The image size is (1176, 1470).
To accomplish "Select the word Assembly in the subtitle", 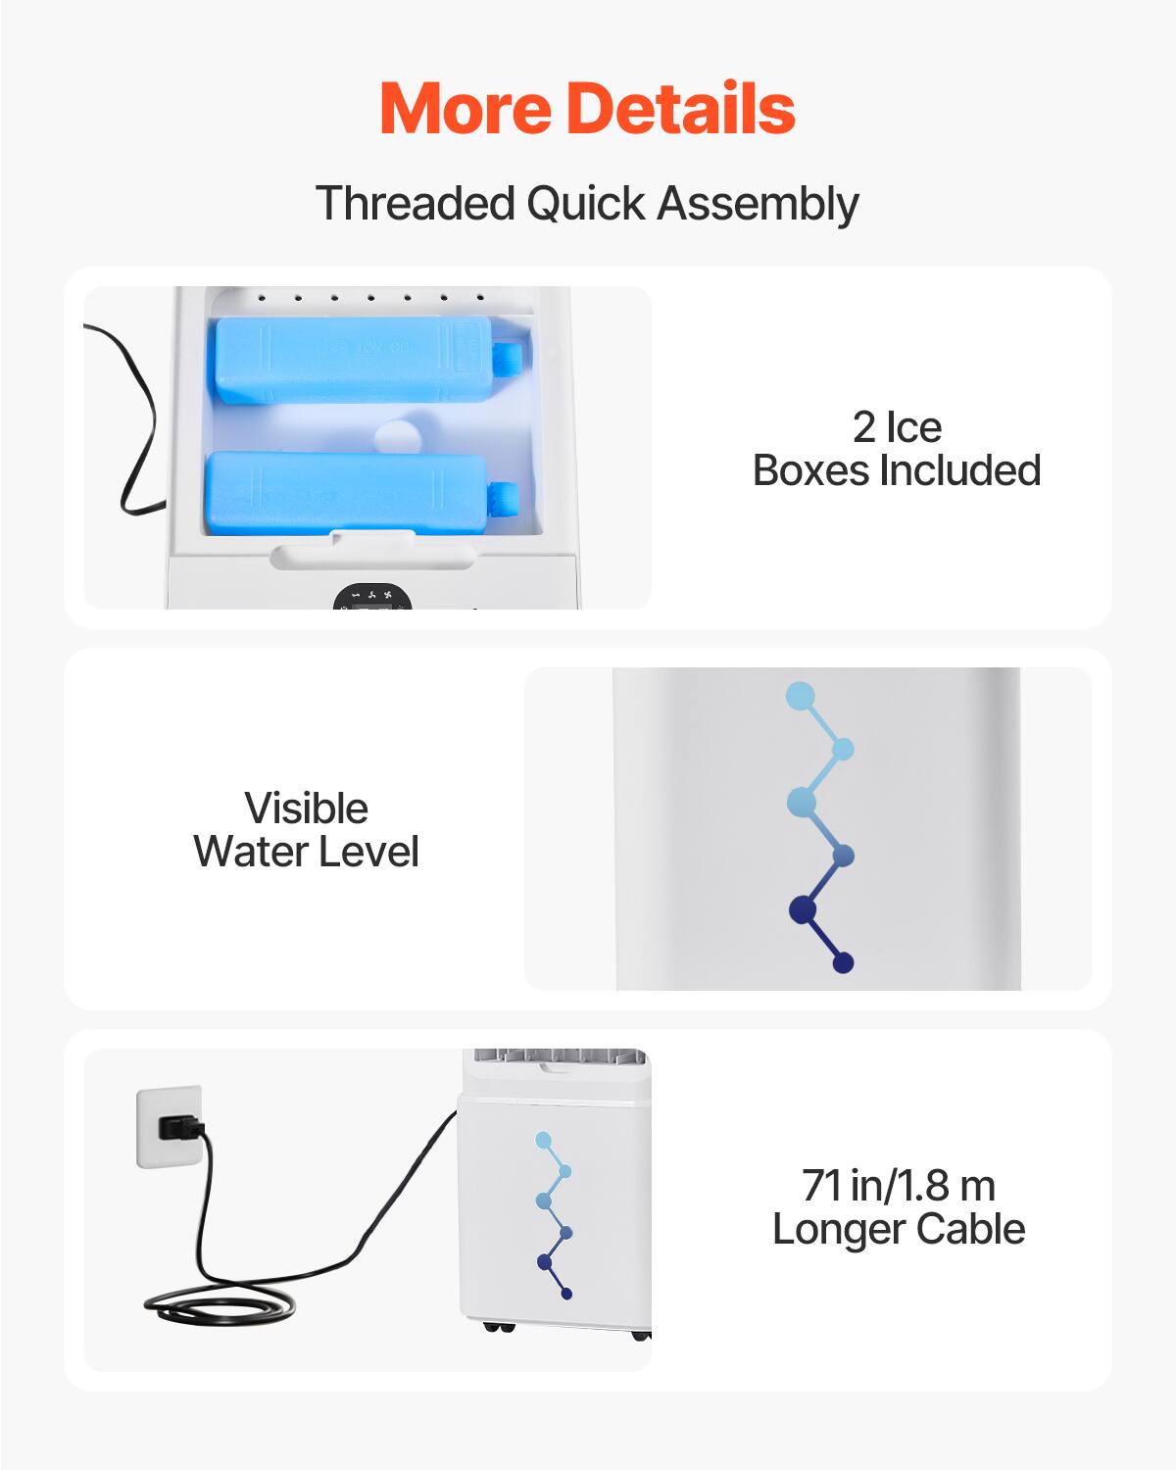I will click(x=758, y=204).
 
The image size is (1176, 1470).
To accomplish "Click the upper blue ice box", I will click(x=353, y=359).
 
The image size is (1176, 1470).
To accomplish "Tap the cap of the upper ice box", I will click(x=509, y=360).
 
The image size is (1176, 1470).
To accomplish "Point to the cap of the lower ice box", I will click(x=503, y=498).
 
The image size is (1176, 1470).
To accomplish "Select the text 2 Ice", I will click(x=897, y=427).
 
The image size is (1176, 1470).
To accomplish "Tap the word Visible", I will click(x=306, y=808).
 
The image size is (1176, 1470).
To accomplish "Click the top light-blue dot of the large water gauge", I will click(x=801, y=697).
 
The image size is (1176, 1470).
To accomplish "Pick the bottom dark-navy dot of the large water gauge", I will click(x=843, y=963).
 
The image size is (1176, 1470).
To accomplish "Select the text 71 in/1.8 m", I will click(x=898, y=1186).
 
